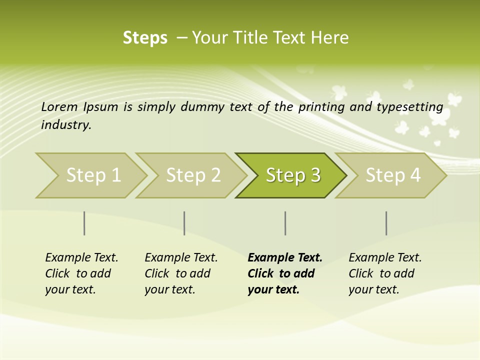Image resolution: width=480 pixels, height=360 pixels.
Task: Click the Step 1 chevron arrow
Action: pyautogui.click(x=92, y=175)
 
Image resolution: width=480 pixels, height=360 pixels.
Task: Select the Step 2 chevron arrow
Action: pyautogui.click(x=192, y=175)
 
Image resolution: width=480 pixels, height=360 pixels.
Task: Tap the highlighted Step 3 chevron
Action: pyautogui.click(x=292, y=175)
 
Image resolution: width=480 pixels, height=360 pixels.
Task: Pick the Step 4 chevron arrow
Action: pyautogui.click(x=392, y=175)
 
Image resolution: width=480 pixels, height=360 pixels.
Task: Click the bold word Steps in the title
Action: pyautogui.click(x=145, y=38)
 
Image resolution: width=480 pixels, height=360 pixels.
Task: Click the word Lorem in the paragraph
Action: pyautogui.click(x=59, y=106)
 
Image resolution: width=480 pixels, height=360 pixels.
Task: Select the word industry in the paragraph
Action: pyautogui.click(x=65, y=125)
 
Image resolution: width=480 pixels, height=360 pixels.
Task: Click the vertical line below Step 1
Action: pyautogui.click(x=84, y=223)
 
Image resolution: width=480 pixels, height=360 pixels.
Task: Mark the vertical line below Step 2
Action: pyautogui.click(x=184, y=223)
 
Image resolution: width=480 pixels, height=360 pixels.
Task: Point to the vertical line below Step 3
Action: pyautogui.click(x=285, y=223)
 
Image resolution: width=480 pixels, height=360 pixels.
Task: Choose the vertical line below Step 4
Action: pyautogui.click(x=386, y=223)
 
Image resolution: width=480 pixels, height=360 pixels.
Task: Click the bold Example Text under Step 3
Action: pyautogui.click(x=285, y=258)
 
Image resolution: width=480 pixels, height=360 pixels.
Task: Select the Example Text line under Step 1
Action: pyautogui.click(x=81, y=258)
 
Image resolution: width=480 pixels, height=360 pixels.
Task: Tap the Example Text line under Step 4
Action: pyautogui.click(x=385, y=258)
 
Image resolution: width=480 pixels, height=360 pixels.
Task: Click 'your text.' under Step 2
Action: pyautogui.click(x=169, y=290)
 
